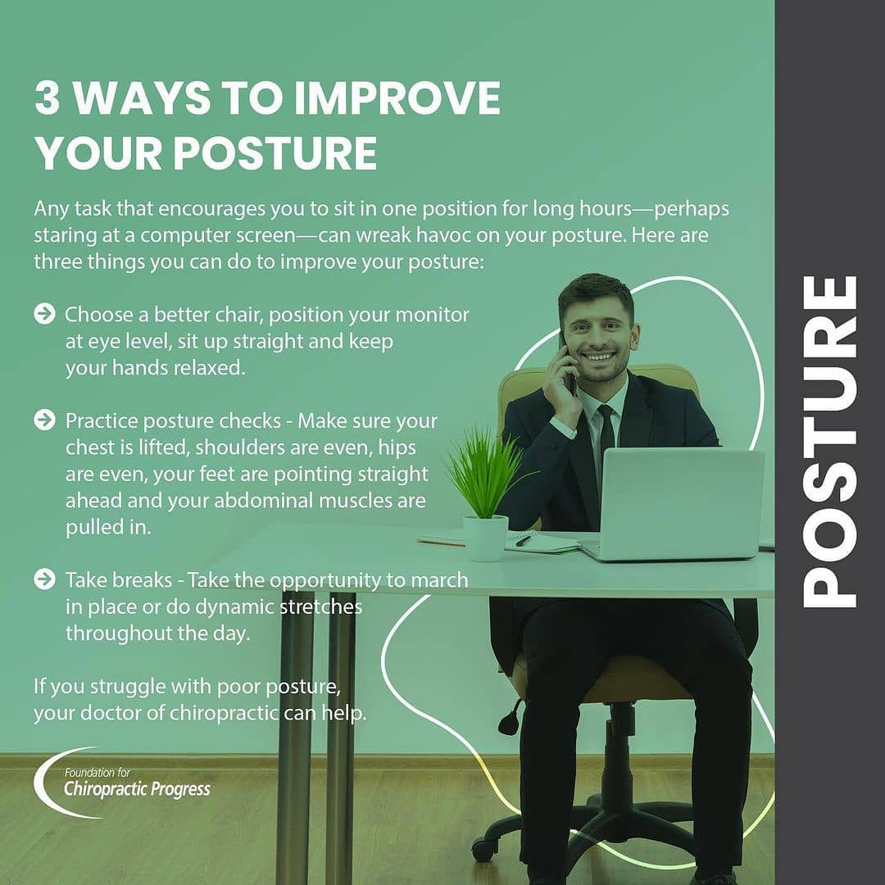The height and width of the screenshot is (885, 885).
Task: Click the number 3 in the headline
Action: pos(47,98)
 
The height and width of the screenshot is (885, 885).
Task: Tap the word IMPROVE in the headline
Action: pos(397,98)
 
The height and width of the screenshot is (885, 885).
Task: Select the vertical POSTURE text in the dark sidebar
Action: pos(829,442)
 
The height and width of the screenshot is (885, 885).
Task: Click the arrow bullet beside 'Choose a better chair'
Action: pos(44,314)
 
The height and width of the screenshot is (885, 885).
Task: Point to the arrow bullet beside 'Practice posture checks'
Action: pos(44,420)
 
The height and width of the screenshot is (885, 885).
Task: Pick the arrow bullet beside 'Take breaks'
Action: pos(44,579)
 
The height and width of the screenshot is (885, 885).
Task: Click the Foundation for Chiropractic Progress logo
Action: pos(121,783)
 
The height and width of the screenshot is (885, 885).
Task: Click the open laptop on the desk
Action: pos(674,504)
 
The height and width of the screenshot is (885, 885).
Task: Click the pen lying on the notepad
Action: pos(523,540)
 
